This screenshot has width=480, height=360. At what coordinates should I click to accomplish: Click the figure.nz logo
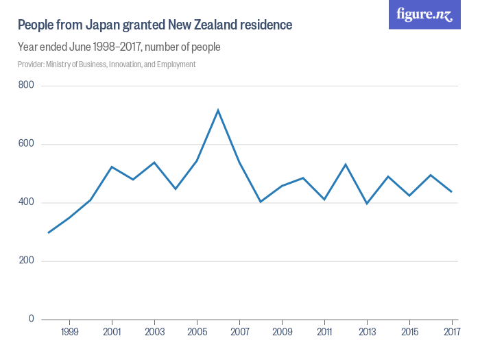pos(424,14)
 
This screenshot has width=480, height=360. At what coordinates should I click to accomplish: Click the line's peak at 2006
pos(218,110)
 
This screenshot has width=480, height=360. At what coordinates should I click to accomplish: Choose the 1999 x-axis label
pos(69,332)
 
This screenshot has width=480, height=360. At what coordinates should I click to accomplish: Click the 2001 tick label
pos(112,332)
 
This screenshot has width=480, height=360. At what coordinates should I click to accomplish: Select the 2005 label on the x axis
pos(197,332)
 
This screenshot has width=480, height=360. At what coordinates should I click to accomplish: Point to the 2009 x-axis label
pos(282,332)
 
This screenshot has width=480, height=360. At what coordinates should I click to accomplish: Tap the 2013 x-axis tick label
pos(367,332)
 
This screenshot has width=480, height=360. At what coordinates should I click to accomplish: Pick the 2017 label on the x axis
pos(451,332)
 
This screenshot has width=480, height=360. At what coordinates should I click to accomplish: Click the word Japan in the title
pos(103,25)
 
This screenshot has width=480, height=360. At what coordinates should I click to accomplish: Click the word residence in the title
pos(266,25)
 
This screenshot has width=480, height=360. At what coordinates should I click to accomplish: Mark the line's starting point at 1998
pos(48,232)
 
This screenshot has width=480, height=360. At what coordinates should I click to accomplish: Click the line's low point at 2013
pos(367,204)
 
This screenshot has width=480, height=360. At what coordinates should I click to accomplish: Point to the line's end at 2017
pos(451,191)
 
